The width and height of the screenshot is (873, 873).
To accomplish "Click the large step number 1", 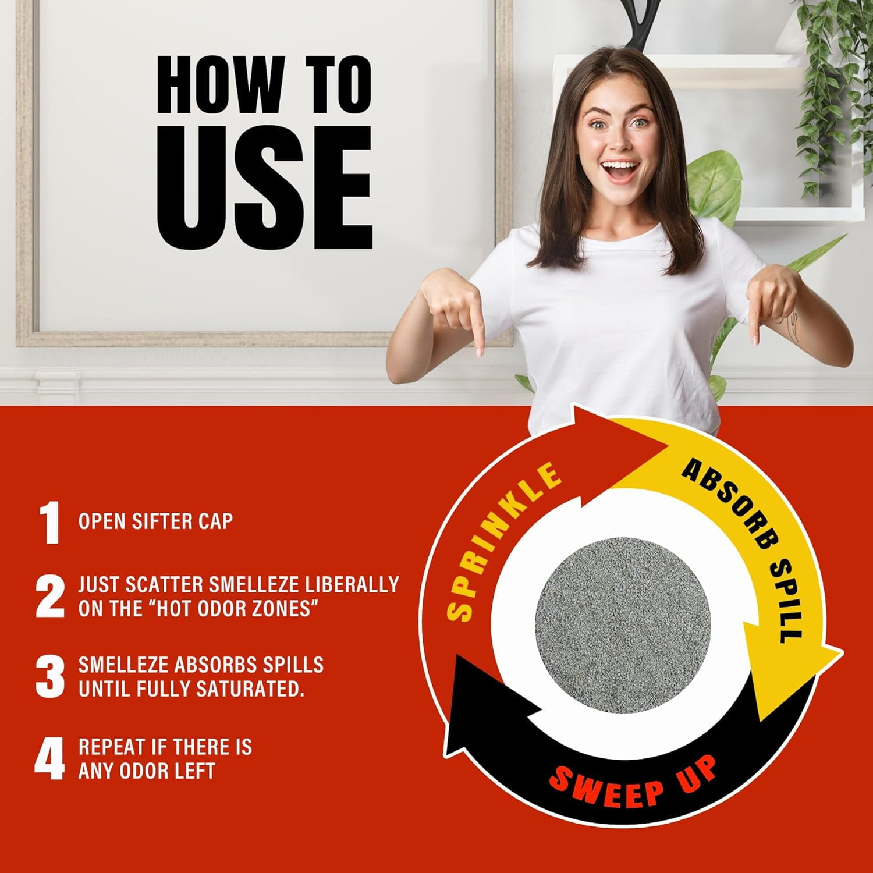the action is click(50, 523).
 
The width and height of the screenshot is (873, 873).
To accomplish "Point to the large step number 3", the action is click(50, 677).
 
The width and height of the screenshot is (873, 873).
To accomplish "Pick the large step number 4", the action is click(50, 759).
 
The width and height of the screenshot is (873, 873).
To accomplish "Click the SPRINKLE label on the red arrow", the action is click(502, 541).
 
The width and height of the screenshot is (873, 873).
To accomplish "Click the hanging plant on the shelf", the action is click(827, 87).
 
